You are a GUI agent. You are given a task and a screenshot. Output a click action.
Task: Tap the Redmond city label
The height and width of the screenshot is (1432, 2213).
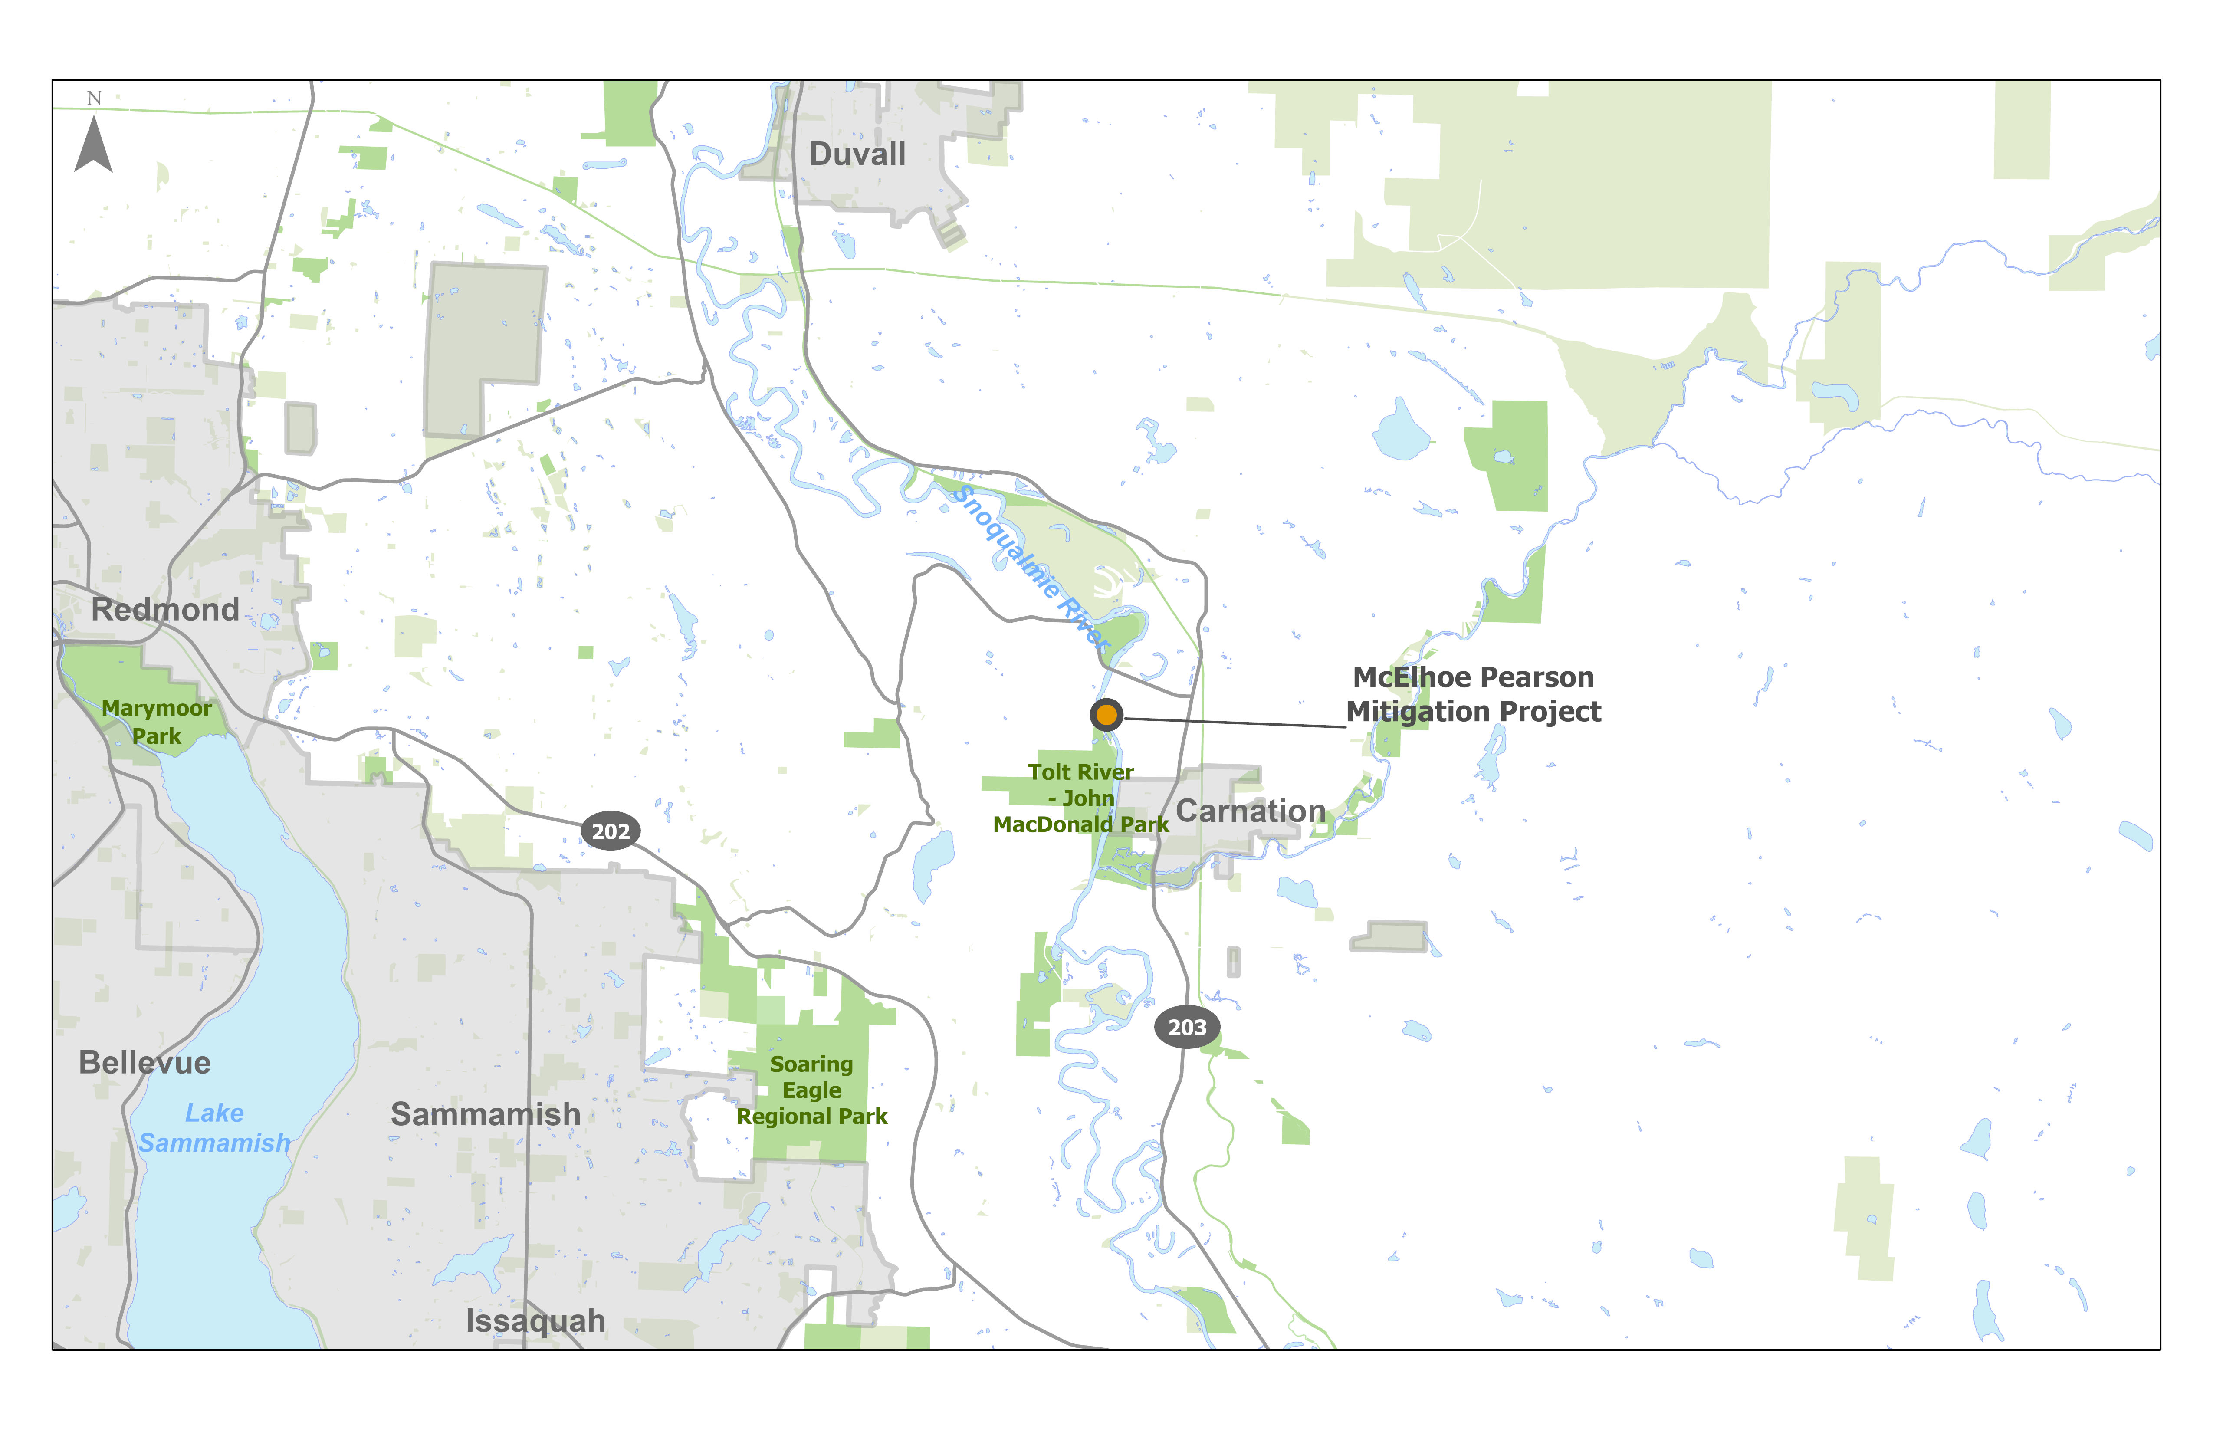[x=164, y=610]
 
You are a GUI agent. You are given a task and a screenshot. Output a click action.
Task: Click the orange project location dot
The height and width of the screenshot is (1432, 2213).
[x=1106, y=715]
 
